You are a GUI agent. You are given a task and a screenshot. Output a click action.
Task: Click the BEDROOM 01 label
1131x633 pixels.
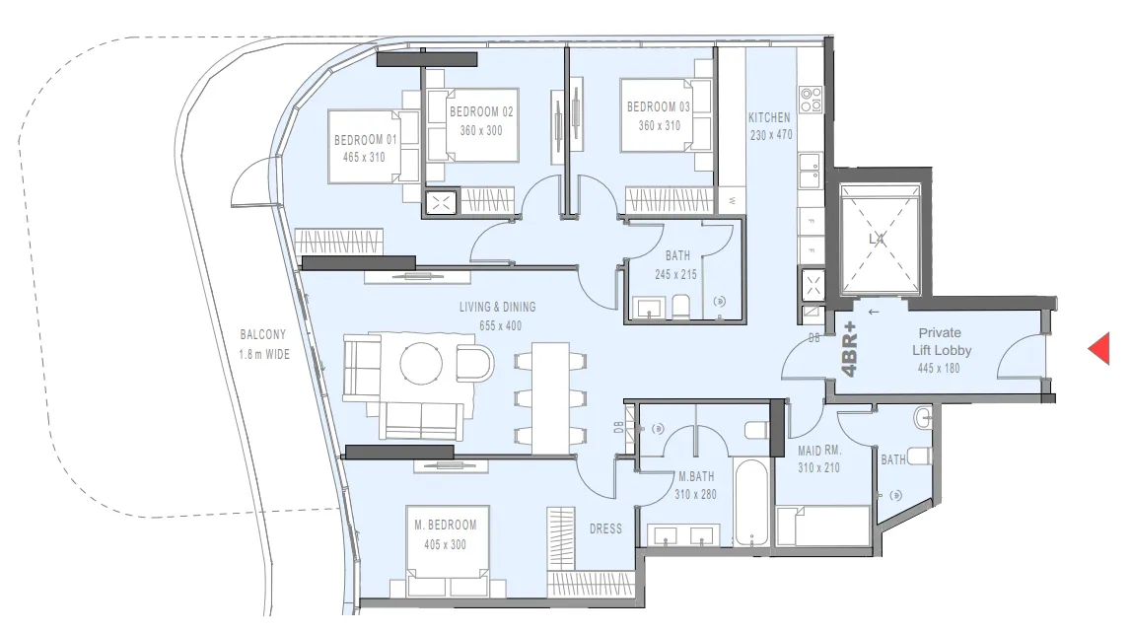tap(365, 139)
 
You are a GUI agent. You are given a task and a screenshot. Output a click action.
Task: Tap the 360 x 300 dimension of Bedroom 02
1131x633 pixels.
tap(481, 130)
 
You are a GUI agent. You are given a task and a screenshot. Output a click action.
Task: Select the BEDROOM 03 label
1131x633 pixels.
tap(659, 106)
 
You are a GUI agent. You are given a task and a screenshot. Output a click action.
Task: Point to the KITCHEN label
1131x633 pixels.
tap(769, 117)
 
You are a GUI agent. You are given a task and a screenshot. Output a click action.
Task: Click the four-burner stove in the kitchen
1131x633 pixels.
tap(811, 100)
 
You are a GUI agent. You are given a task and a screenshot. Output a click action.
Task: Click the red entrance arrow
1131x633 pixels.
tap(1098, 348)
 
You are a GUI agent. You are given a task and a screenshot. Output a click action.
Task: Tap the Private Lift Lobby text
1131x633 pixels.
tap(939, 342)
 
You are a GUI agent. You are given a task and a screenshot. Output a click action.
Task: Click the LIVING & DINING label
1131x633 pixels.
tap(498, 308)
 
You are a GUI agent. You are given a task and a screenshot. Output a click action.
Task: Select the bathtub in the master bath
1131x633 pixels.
tap(750, 502)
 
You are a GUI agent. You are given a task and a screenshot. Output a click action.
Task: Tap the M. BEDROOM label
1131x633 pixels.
tap(445, 526)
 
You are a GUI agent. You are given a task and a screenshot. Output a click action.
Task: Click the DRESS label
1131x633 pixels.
tap(605, 529)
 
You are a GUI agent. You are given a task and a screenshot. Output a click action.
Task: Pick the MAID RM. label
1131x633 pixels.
tap(818, 451)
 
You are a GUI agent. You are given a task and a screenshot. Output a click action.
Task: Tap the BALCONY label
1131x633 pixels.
tap(263, 335)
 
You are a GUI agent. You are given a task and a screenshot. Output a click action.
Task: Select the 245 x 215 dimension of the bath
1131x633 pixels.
tap(677, 274)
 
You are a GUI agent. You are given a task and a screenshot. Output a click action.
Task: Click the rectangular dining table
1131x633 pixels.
tap(550, 396)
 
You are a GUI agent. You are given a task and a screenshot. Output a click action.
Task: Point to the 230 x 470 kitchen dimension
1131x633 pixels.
tap(770, 135)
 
